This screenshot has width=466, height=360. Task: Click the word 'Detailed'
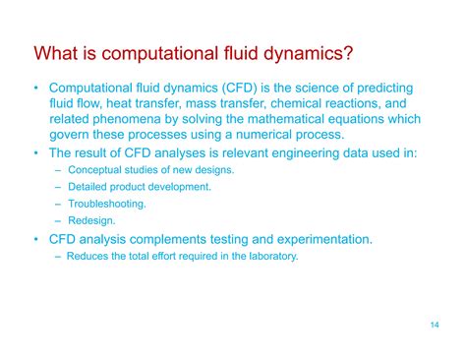(87, 187)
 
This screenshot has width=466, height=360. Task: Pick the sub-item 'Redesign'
(90, 220)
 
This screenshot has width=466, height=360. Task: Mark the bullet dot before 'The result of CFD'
(36, 152)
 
